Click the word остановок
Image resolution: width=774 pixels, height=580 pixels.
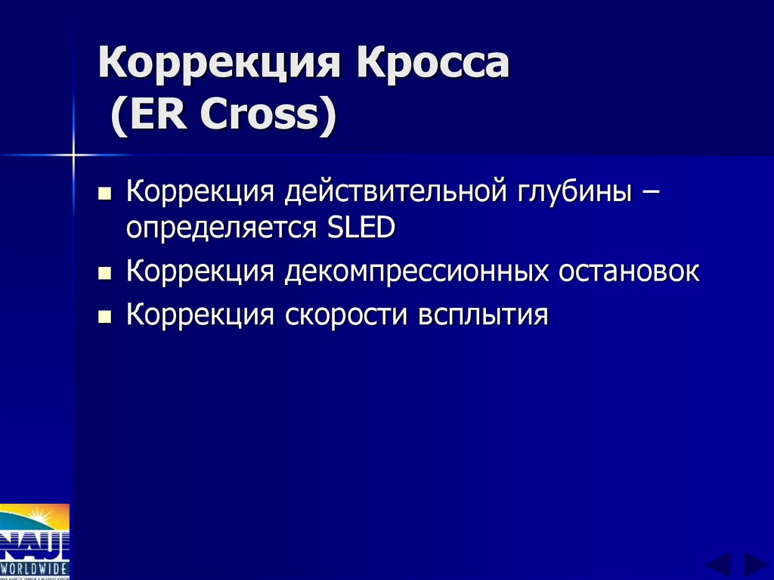point(629,271)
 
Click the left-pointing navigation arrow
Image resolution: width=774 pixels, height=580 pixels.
point(718,564)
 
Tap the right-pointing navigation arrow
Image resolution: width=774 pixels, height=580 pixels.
point(755,564)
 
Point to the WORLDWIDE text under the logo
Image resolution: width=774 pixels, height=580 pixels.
point(35,567)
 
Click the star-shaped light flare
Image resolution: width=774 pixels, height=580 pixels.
point(73,155)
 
